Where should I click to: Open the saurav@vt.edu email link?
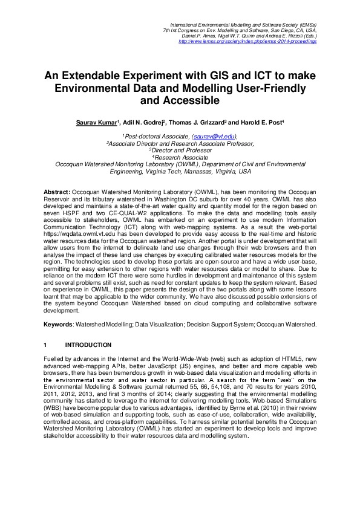click(214, 137)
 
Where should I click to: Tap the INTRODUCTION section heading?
click(88, 345)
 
